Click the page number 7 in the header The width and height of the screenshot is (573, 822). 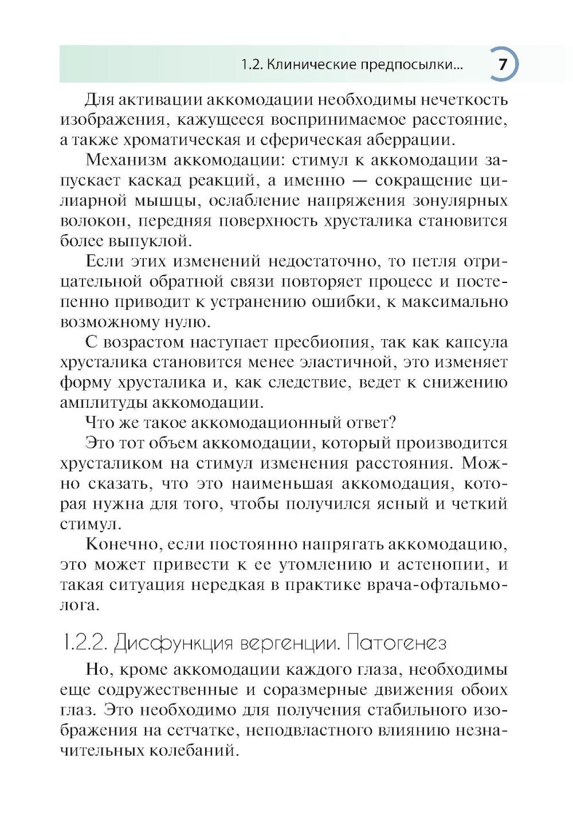click(x=502, y=64)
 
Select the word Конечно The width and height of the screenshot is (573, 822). click(x=121, y=545)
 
